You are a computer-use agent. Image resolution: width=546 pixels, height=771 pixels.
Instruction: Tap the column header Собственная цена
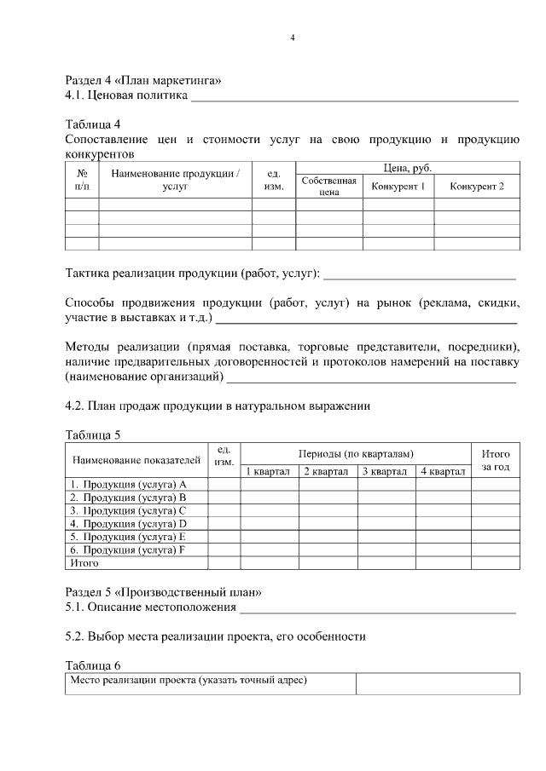(x=328, y=187)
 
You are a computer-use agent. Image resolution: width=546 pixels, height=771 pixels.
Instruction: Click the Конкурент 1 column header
(x=398, y=186)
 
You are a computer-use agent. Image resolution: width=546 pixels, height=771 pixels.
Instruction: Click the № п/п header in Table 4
(x=82, y=179)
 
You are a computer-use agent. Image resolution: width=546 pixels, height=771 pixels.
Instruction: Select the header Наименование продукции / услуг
(x=175, y=179)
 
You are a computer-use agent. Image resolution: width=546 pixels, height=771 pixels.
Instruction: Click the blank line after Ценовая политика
(x=354, y=100)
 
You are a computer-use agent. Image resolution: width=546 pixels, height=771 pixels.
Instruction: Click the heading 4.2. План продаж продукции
(x=218, y=406)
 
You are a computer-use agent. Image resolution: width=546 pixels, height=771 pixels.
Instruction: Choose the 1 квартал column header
(x=268, y=471)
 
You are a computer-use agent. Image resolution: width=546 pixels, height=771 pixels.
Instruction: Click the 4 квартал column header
(x=443, y=471)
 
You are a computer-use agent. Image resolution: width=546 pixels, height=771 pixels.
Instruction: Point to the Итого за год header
(x=496, y=461)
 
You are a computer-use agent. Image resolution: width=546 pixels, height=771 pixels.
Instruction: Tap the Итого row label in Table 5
(x=84, y=562)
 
